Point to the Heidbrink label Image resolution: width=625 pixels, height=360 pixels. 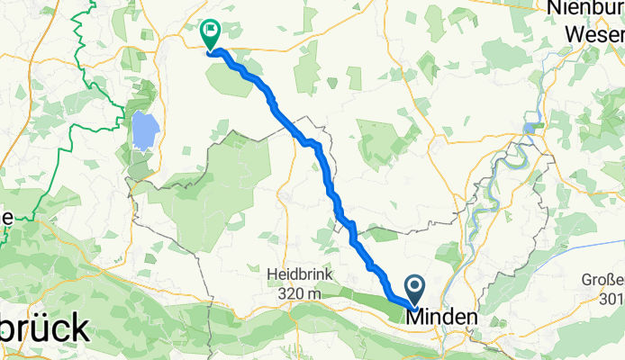pyautogui.click(x=298, y=273)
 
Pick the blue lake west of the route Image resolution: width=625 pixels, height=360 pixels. pyautogui.click(x=142, y=131)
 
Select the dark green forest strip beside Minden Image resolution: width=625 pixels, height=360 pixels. pyautogui.click(x=360, y=291)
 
